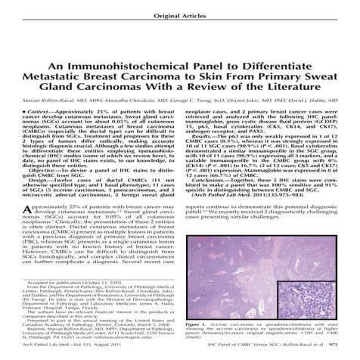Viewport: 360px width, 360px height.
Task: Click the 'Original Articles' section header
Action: pyautogui.click(x=179, y=14)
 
